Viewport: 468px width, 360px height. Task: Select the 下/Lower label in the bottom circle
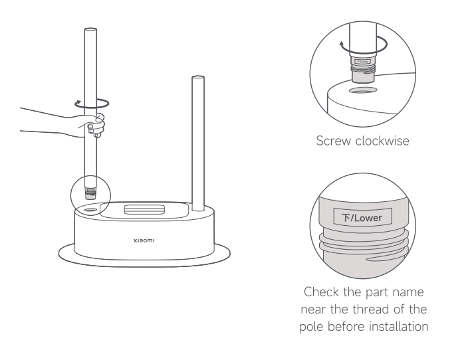pyautogui.click(x=363, y=217)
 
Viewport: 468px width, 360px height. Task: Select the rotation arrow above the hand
pyautogui.click(x=92, y=103)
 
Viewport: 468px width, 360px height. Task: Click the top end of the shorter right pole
pyautogui.click(x=197, y=80)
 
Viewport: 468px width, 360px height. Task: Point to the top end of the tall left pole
pyautogui.click(x=91, y=30)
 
